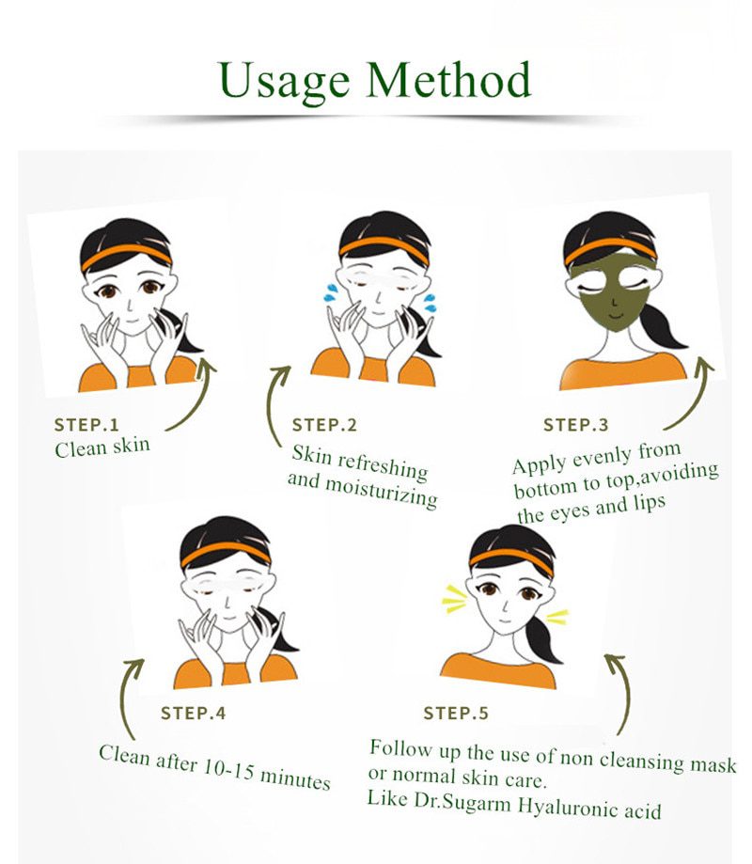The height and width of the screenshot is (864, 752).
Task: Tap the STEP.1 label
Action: tap(86, 424)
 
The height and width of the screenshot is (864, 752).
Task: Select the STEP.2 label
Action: tap(324, 426)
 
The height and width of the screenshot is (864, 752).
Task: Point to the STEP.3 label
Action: tap(575, 426)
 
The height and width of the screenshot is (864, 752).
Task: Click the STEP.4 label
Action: tap(193, 714)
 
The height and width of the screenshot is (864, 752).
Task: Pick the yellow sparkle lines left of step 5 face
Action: tap(454, 598)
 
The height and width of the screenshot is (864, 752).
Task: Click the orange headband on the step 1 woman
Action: tap(125, 255)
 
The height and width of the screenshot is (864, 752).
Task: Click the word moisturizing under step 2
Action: tap(381, 490)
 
